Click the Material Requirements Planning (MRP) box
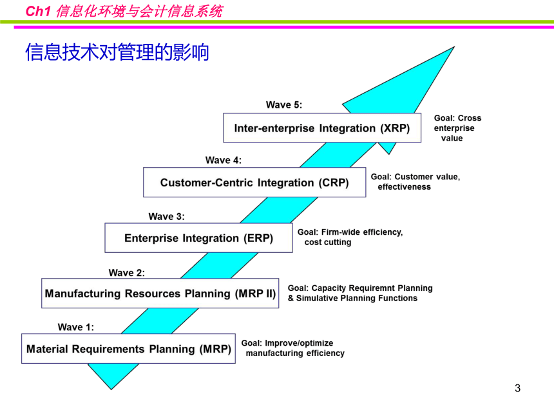128,348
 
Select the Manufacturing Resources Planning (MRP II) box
160,293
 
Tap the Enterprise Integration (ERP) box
198,238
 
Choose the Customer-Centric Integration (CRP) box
254,182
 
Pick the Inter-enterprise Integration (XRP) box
322,128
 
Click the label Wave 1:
76,327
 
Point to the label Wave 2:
126,273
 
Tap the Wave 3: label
166,217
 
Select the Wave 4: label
224,160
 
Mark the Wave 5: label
284,105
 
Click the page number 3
518,388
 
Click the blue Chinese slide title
117,52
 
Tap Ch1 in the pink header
38,12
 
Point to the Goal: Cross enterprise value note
457,128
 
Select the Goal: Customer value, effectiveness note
415,181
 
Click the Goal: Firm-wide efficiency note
350,237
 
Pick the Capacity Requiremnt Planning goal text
360,293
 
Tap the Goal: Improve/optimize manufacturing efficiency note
293,348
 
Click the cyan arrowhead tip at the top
454,46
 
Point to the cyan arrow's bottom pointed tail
111,389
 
